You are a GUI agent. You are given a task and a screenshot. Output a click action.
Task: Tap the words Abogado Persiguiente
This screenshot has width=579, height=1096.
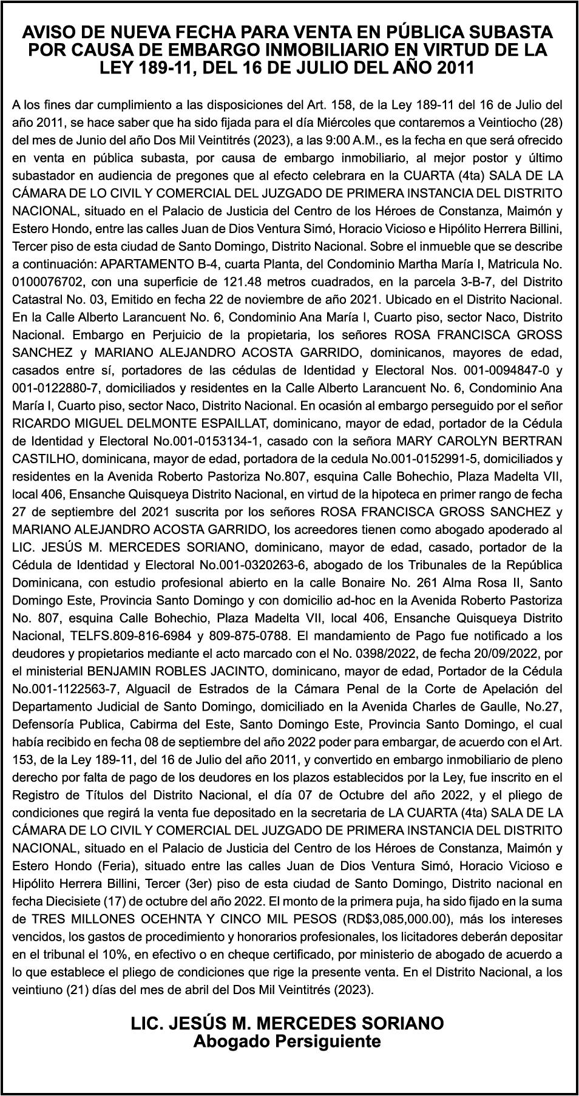click(287, 1041)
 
